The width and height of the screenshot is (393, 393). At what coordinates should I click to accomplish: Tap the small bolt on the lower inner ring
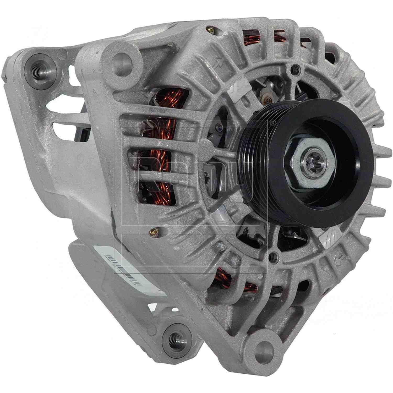click(x=274, y=254)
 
